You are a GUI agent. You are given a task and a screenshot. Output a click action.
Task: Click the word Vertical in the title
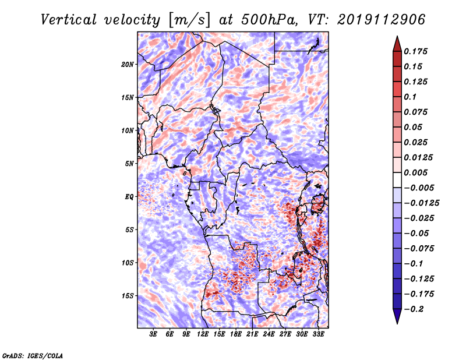coord(69,20)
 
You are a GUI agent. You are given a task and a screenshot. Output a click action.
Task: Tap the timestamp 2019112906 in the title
coord(382,20)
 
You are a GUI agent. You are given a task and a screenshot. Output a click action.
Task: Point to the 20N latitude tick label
coord(128,65)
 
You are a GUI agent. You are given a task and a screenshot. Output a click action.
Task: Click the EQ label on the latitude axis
coord(129,197)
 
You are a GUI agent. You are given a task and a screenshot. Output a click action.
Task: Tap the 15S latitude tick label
coord(128,296)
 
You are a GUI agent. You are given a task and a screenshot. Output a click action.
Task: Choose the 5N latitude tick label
coord(129,164)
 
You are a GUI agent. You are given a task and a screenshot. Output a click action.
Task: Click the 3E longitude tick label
coord(153,334)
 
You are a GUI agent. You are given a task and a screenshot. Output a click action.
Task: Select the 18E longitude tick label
coord(236,334)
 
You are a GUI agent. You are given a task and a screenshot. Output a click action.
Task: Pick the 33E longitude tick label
coord(318,334)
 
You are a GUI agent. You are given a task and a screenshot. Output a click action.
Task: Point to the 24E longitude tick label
coord(269,334)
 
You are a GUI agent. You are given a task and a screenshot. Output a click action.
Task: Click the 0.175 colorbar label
coord(415,52)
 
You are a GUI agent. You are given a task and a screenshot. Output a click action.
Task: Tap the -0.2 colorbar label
coord(414,309)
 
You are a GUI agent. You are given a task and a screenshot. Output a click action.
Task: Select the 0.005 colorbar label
coord(415,172)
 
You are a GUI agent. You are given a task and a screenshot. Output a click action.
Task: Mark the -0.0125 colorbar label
coord(421,203)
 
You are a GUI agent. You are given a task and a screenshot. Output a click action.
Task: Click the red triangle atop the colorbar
coord(397,45)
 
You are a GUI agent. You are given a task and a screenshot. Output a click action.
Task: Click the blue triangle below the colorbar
coord(397,316)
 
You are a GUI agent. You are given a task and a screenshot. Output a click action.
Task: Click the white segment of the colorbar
coord(397,180)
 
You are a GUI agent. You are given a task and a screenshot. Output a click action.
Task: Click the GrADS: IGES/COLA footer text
coord(33,356)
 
